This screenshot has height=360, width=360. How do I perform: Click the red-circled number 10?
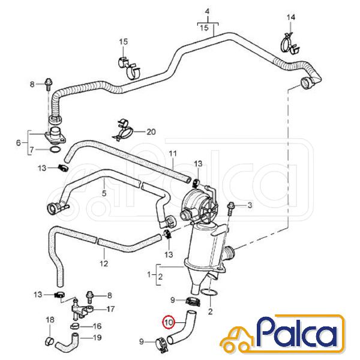click(169, 322)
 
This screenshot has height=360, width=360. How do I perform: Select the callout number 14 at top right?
click(290, 17)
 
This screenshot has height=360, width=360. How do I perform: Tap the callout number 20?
click(151, 132)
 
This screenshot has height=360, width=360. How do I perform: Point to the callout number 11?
click(173, 154)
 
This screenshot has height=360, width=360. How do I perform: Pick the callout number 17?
click(110, 309)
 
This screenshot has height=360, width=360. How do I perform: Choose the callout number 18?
click(50, 319)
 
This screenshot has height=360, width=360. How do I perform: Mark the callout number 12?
click(104, 263)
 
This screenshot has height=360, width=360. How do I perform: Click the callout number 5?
click(104, 193)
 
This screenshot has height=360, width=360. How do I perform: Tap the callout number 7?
click(32, 150)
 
